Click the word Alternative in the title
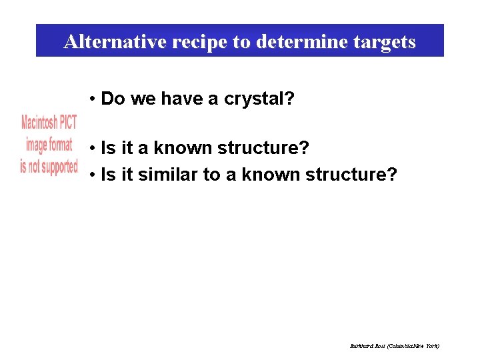point(115,42)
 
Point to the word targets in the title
point(382,42)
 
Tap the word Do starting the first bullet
point(113,99)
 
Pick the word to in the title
point(240,42)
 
